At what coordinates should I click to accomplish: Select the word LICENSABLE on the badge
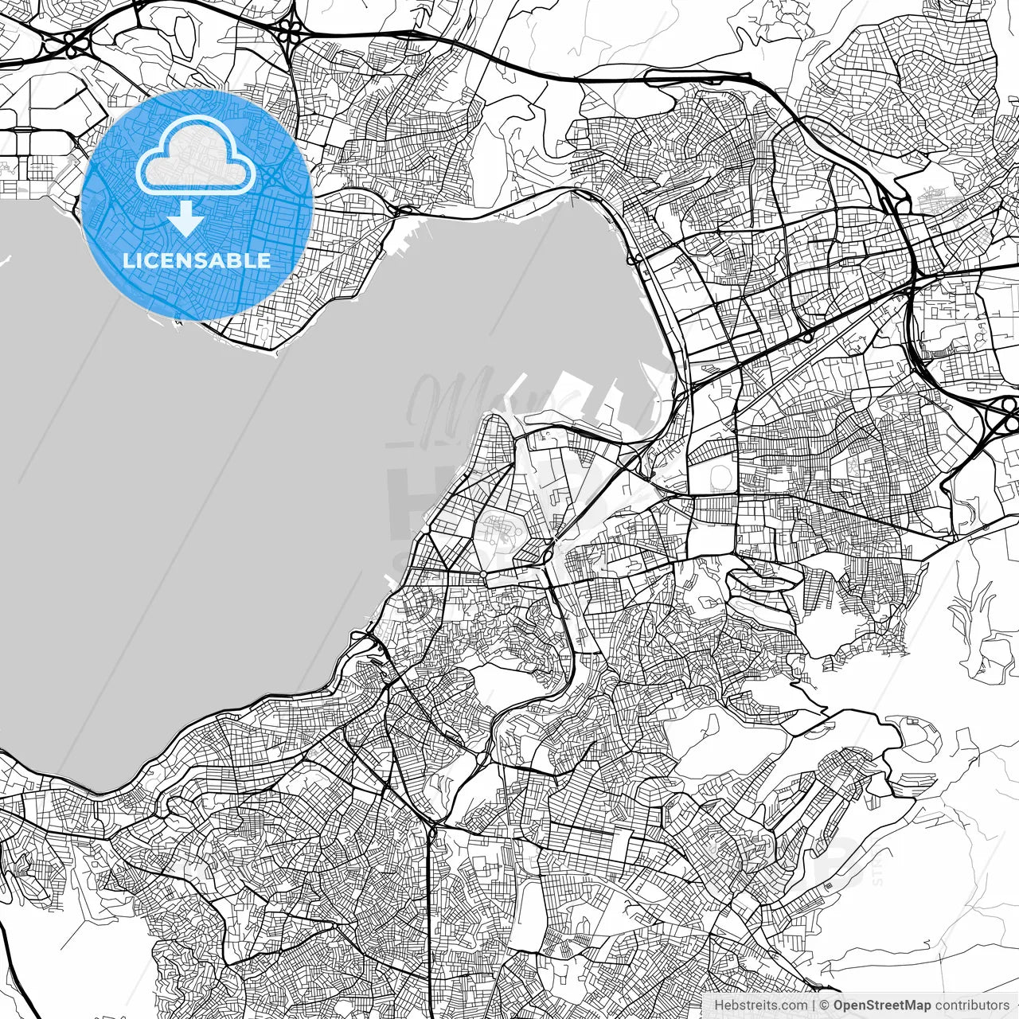click(x=197, y=260)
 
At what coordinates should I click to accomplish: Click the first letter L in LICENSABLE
click(x=128, y=260)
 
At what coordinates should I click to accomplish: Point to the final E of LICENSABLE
click(x=264, y=260)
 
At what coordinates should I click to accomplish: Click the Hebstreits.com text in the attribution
click(x=759, y=1005)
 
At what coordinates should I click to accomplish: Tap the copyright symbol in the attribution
click(x=825, y=1005)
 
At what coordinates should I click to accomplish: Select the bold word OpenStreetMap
click(x=882, y=1005)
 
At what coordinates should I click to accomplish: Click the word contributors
click(x=971, y=1005)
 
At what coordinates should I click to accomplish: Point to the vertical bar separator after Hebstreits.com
click(x=813, y=1005)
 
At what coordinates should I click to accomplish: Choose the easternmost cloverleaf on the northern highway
click(x=291, y=30)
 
